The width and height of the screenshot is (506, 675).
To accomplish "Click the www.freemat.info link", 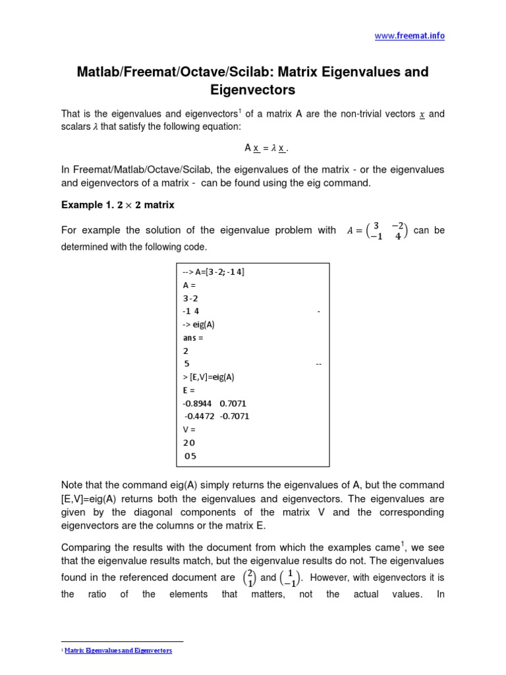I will [409, 36].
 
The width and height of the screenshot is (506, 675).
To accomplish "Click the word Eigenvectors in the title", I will [253, 89].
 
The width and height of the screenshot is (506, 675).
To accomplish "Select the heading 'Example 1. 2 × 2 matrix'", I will [117, 205].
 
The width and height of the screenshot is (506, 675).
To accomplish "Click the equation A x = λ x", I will [253, 149].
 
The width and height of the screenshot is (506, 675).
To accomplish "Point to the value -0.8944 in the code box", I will [197, 403].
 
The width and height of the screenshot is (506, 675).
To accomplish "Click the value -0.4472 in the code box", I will [199, 416].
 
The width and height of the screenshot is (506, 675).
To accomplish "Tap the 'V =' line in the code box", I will [190, 429].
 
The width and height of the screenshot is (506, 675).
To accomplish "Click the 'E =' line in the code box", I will [189, 390].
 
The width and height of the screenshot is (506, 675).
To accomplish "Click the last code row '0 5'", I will [190, 455].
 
